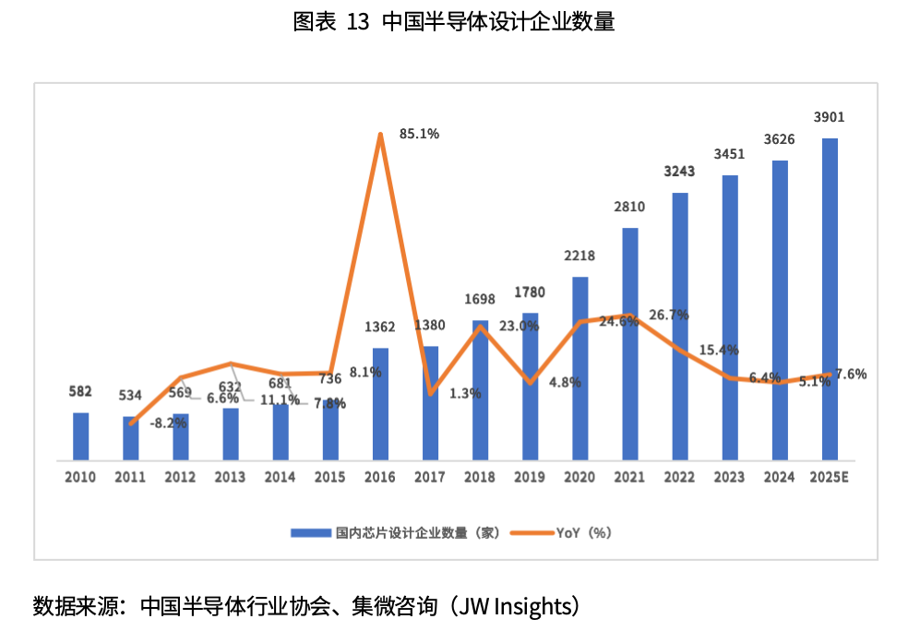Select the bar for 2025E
[x=830, y=299]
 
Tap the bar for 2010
[x=81, y=435]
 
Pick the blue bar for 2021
[x=630, y=343]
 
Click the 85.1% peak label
[x=419, y=134]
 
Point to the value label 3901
[x=830, y=117]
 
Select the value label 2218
[x=579, y=256]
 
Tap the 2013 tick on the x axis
[x=230, y=477]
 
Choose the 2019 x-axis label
[x=530, y=477]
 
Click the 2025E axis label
[x=830, y=477]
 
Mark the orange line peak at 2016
[x=380, y=135]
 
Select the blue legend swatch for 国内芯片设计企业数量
[x=311, y=532]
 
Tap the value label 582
[x=80, y=391]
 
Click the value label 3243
[x=680, y=172]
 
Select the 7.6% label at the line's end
[x=851, y=374]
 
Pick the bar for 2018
[x=480, y=390]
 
